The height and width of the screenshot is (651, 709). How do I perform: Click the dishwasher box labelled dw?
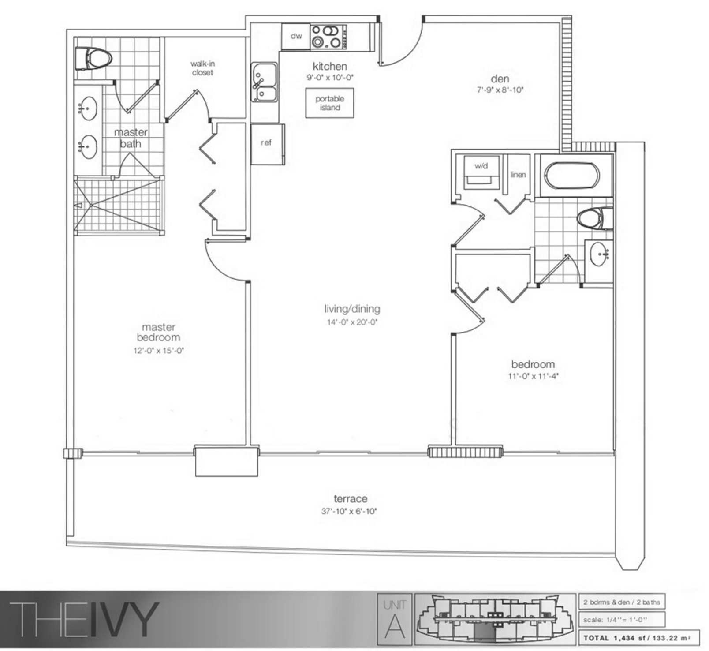click(296, 36)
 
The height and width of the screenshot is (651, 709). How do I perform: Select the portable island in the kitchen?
click(330, 103)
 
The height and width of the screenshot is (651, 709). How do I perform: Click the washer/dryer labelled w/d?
click(481, 172)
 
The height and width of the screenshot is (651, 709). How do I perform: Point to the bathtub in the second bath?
click(572, 176)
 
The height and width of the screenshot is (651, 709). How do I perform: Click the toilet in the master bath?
click(93, 59)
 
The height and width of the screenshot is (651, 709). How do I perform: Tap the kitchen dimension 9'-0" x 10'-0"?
click(330, 78)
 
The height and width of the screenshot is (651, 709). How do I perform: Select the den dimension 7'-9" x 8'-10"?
click(500, 90)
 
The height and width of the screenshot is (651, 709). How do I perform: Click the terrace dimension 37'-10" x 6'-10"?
click(349, 511)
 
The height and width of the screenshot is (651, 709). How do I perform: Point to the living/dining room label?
click(352, 309)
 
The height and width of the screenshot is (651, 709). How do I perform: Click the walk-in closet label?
click(203, 68)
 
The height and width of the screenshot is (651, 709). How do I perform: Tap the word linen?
click(518, 175)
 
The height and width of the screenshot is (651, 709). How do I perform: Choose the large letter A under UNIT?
click(395, 625)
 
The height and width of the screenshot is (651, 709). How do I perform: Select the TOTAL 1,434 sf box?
click(639, 638)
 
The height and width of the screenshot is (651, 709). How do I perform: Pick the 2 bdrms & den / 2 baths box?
click(622, 602)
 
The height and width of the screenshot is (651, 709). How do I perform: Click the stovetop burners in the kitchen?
click(328, 37)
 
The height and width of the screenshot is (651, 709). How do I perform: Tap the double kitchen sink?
click(264, 82)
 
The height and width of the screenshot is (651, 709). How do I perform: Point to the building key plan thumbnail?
click(495, 619)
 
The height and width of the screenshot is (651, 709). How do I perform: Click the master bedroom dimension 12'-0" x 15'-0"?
click(159, 351)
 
